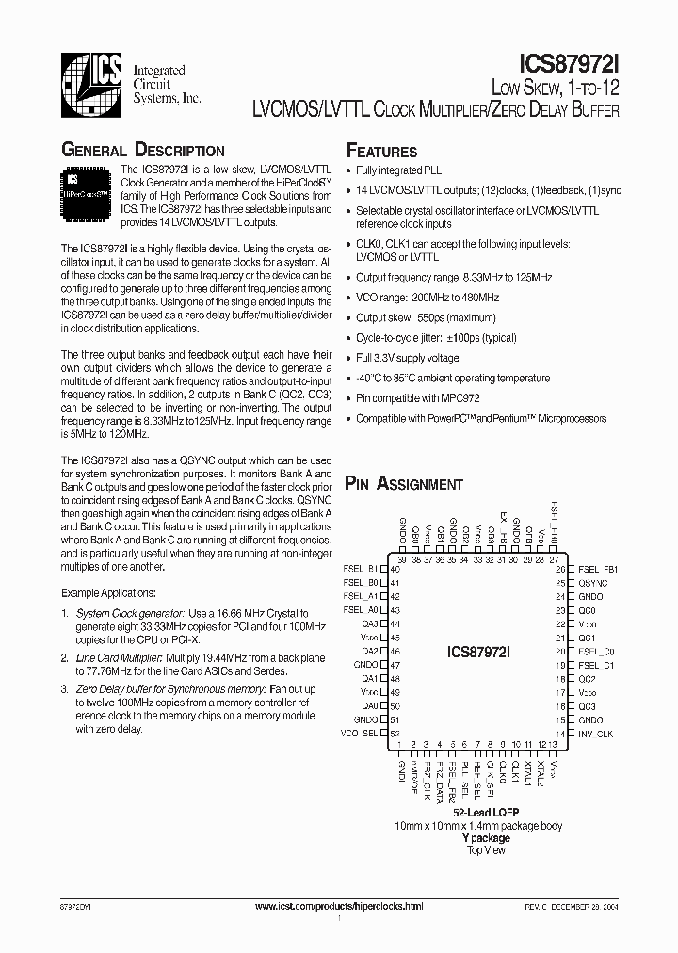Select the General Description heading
click(x=143, y=150)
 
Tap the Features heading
click(x=381, y=152)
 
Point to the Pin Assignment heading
click(x=404, y=484)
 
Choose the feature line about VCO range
click(x=428, y=297)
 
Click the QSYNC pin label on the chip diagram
click(x=592, y=583)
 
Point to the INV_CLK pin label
click(x=594, y=733)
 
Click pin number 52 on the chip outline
click(x=395, y=733)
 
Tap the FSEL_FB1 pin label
click(x=598, y=569)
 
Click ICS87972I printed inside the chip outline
click(x=479, y=651)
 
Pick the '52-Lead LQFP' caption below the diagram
click(x=486, y=812)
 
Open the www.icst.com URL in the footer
click(x=339, y=906)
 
